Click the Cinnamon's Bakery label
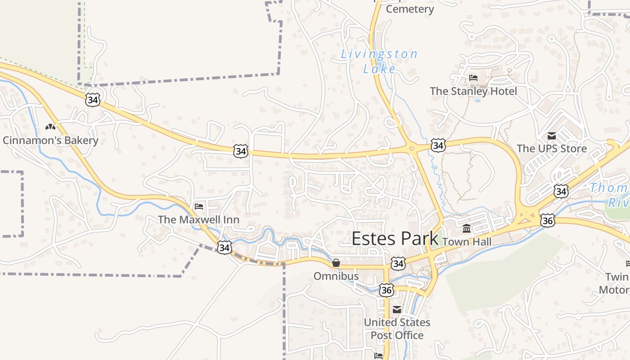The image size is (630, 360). coord(50,140)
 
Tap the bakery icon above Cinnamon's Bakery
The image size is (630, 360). coord(50,127)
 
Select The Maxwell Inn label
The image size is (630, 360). coord(198,220)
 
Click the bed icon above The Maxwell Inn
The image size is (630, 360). coord(199,207)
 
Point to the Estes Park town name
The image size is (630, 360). coord(395,238)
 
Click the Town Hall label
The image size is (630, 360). coord(467,242)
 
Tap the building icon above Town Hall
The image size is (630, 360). coord(467,229)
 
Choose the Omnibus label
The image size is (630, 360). coord(336,276)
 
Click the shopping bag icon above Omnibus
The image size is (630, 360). coord(336,263)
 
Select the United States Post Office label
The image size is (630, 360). coord(397,329)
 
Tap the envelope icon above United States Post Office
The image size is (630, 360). coord(397,310)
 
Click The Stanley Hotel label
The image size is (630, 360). coord(473,91)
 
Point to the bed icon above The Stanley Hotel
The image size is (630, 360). coord(473,78)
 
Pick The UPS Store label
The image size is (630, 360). coord(552,148)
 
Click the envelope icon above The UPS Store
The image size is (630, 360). coord(552,135)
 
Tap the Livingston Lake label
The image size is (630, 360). coord(379,61)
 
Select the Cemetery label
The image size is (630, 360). coord(410,9)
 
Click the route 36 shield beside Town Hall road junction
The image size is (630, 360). coord(548,220)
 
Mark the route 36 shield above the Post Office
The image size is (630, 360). coord(386,290)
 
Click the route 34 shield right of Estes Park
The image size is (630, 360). coord(398,264)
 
